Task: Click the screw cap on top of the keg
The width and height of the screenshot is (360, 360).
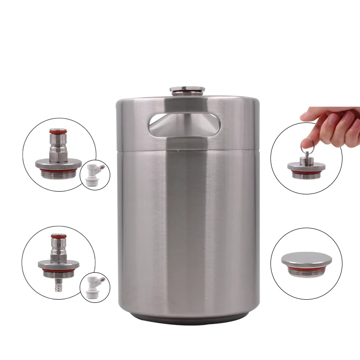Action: coord(188,90)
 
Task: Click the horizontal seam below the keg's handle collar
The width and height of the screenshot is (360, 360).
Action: coord(188,151)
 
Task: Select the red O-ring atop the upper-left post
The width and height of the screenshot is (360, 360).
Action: coord(58,132)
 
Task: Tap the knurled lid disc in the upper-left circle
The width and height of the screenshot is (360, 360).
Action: coord(58,164)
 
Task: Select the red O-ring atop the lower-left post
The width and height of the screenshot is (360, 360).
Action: coord(58,236)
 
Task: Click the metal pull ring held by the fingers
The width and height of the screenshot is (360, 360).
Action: coord(306,144)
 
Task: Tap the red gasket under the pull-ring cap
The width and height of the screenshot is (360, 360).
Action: coord(306,171)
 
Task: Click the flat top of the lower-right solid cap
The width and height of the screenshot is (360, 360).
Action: coord(306,258)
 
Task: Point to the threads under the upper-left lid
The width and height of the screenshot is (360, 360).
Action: coord(58,173)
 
